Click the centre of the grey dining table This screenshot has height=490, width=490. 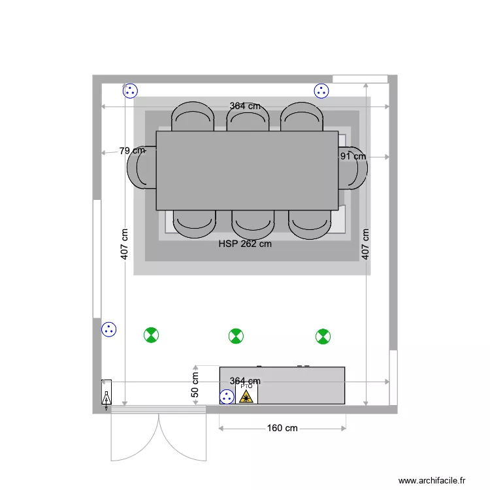[247, 170]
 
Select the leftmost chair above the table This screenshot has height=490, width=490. [193, 118]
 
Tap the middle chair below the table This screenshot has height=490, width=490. [253, 223]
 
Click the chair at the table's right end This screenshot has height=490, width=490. [353, 168]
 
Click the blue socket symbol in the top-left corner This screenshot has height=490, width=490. [130, 91]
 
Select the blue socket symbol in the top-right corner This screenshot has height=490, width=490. [321, 91]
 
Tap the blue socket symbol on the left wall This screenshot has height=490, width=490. [108, 330]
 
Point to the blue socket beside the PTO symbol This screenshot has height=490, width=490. [227, 396]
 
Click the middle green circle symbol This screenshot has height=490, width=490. [236, 336]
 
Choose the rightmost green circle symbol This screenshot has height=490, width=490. [323, 336]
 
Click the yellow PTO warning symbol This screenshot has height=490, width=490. [246, 395]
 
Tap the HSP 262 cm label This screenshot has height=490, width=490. [245, 244]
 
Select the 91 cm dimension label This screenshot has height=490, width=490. [353, 156]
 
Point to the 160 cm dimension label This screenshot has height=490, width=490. [282, 428]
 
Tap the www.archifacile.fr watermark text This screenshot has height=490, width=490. [432, 480]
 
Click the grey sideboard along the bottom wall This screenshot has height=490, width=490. [301, 385]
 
